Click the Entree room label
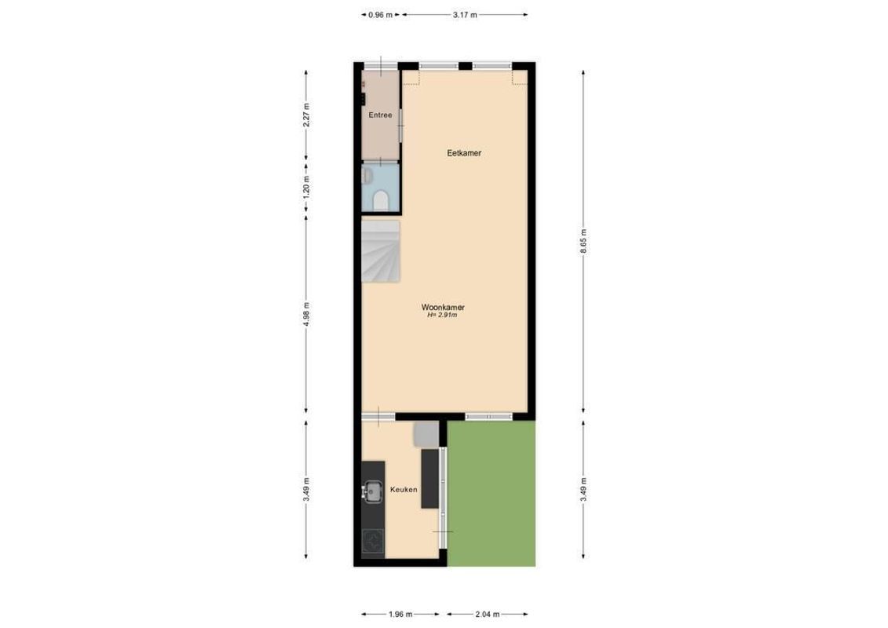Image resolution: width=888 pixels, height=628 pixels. pos(380,115)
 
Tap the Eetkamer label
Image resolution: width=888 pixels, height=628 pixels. pos(464,153)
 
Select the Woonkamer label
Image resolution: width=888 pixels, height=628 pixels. pos(443,307)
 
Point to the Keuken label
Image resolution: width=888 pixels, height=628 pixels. pos(404,489)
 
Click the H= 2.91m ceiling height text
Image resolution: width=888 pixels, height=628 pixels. pos(443,316)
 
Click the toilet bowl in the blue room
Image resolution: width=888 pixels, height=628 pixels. pos(381,201)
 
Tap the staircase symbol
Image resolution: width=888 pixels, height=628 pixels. pos(381,250)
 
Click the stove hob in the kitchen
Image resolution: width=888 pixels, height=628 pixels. pos(372,542)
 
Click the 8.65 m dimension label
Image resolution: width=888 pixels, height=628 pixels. pos(583,237)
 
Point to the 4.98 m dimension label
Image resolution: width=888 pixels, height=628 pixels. pos(306,314)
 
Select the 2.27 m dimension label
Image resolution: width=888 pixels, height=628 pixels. pos(306,115)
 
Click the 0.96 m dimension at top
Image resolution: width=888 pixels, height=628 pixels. pos(380,14)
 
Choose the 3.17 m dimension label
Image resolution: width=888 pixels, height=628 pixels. pos(465,14)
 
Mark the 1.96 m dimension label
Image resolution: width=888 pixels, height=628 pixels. pos(404,615)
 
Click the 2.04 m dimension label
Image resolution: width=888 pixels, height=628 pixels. pos(488,615)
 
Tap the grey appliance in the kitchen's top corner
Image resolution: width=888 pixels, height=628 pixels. pos(425,433)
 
